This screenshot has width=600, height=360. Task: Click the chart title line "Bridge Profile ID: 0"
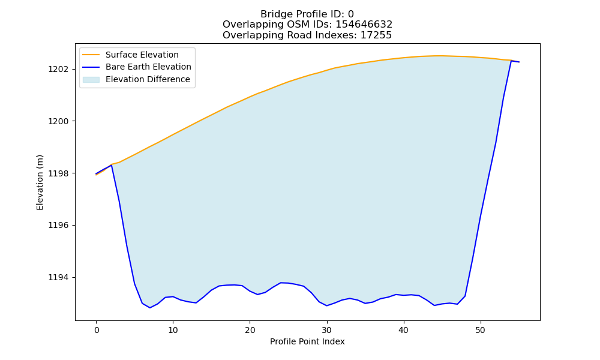pyautogui.click(x=307, y=14)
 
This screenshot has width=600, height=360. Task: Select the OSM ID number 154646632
pyautogui.click(x=364, y=25)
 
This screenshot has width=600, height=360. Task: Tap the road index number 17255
pyautogui.click(x=376, y=35)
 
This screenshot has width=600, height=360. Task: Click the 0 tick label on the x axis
pyautogui.click(x=97, y=330)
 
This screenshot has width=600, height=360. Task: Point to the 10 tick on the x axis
pyautogui.click(x=173, y=330)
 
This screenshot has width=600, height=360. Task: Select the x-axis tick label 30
pyautogui.click(x=327, y=330)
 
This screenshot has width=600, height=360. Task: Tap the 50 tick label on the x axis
pyautogui.click(x=480, y=330)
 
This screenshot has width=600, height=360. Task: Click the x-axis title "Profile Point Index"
pyautogui.click(x=307, y=341)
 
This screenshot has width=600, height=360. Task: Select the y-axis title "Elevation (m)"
pyautogui.click(x=40, y=182)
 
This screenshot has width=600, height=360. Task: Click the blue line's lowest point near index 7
pyautogui.click(x=150, y=308)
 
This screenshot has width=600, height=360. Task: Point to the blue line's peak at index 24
pyautogui.click(x=281, y=283)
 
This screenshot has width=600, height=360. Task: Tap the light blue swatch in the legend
pyautogui.click(x=91, y=80)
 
